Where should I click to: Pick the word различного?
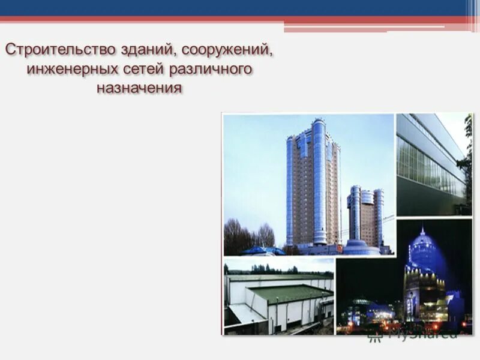point(210,69)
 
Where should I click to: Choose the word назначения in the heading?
point(139,88)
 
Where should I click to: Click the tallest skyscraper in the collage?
point(313,186)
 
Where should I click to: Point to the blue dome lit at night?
point(424,249)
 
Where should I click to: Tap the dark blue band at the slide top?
point(240,7)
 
